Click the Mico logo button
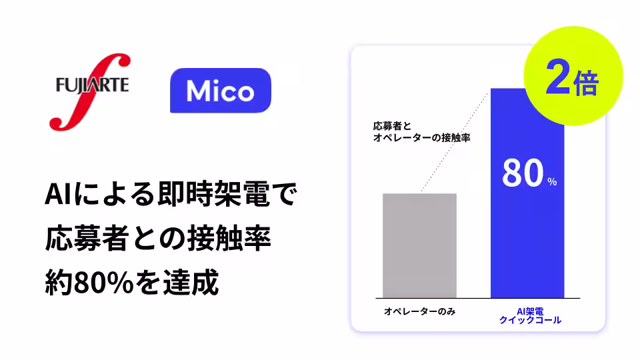point(221,90)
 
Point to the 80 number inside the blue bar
point(521,174)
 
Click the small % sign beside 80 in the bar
point(551,182)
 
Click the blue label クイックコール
point(530,321)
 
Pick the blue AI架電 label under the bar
point(530,311)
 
